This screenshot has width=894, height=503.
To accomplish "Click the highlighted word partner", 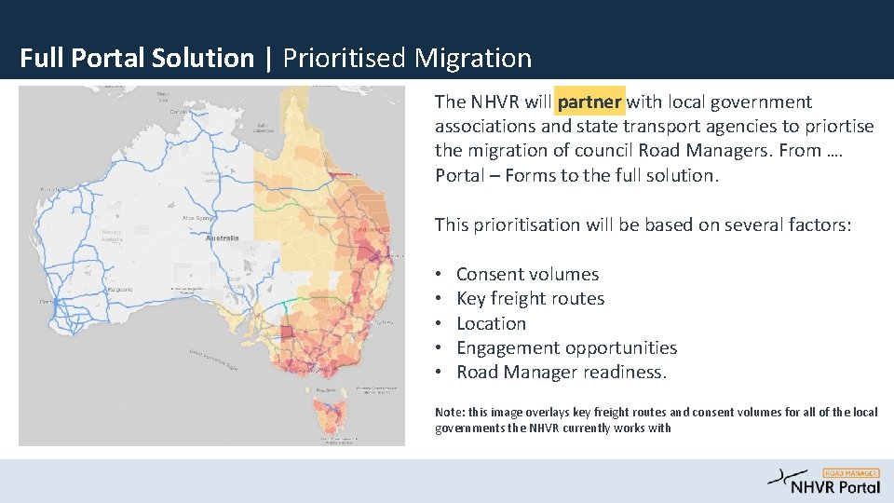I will point(589,102).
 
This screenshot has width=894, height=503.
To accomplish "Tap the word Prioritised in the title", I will point(345,58).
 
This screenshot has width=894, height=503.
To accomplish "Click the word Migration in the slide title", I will point(473,58).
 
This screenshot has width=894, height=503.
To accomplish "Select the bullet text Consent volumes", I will point(527,274).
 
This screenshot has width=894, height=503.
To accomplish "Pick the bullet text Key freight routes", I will point(530,298).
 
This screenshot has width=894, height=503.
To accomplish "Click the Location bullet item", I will point(491,323).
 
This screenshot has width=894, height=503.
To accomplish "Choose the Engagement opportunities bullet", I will point(566,347).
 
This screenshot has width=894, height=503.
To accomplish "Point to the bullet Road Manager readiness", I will point(562,372).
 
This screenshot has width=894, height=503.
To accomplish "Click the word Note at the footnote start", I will point(448,412).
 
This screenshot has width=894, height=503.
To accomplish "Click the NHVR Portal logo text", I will point(835,487).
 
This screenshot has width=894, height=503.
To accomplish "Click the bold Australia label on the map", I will point(223,238).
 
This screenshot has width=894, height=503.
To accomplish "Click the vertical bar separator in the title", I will point(268,58).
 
